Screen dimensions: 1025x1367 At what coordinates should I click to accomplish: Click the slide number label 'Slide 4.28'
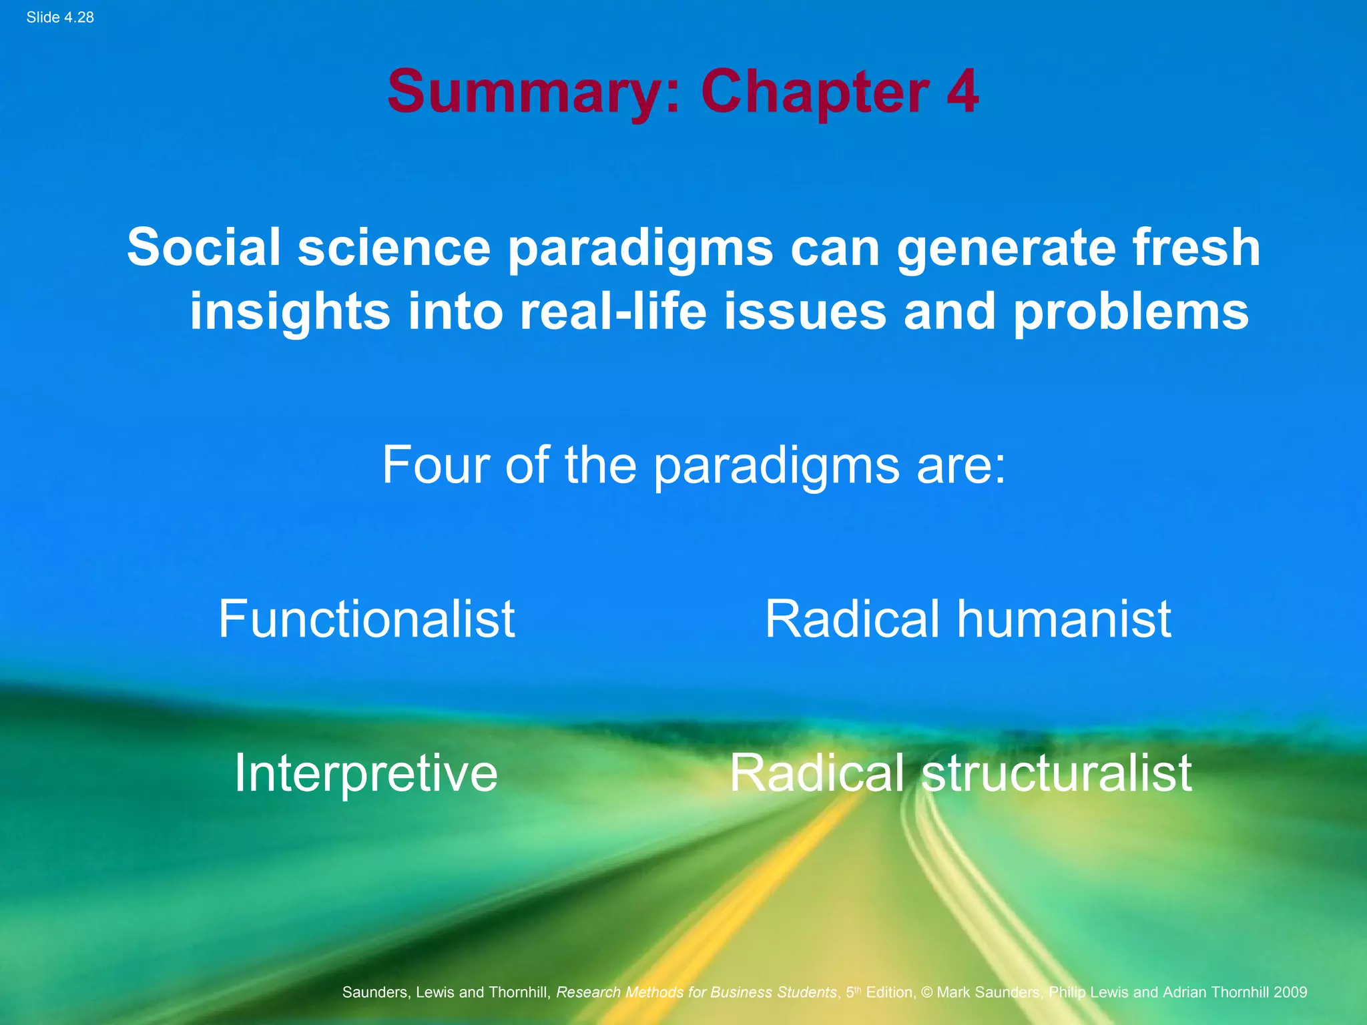click(60, 17)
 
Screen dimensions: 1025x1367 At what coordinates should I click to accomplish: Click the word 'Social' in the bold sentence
click(204, 247)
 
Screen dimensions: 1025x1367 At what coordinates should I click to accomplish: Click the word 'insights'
click(290, 312)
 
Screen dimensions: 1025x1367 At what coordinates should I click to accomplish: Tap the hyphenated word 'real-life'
click(613, 311)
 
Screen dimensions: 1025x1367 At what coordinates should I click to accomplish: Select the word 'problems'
click(1131, 312)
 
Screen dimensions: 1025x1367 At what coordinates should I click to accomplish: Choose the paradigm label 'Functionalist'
click(366, 619)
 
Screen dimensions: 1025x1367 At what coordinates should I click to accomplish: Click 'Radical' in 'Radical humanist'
click(852, 619)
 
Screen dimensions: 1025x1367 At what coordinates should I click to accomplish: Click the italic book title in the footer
click(696, 992)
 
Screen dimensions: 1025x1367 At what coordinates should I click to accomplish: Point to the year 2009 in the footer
click(1290, 992)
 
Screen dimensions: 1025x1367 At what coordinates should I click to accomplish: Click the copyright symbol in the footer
click(926, 992)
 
